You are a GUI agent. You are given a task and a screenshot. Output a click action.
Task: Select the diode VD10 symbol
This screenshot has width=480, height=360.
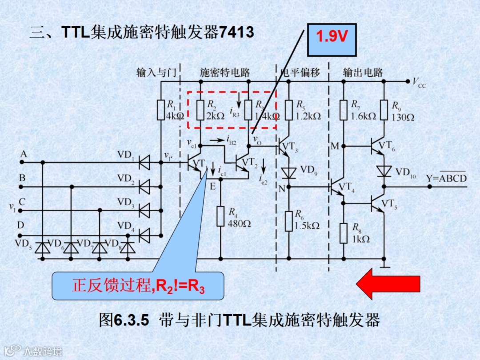tap(384, 171)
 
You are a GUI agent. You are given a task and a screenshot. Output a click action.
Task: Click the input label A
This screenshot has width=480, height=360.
tap(23, 154)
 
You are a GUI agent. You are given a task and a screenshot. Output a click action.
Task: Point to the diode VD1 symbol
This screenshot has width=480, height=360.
tap(144, 163)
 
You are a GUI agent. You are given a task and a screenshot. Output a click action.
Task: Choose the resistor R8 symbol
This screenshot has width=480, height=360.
tap(343, 233)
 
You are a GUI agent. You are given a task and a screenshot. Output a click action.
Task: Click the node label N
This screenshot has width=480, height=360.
tap(281, 189)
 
